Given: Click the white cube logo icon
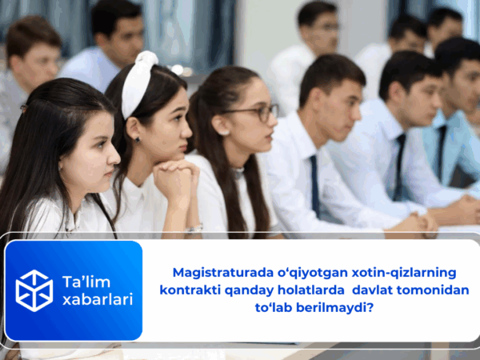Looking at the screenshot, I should tap(34, 290).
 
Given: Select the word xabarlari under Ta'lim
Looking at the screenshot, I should tap(98, 299).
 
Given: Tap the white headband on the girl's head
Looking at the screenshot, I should tap(138, 80).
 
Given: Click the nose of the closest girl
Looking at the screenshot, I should tap(112, 152).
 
